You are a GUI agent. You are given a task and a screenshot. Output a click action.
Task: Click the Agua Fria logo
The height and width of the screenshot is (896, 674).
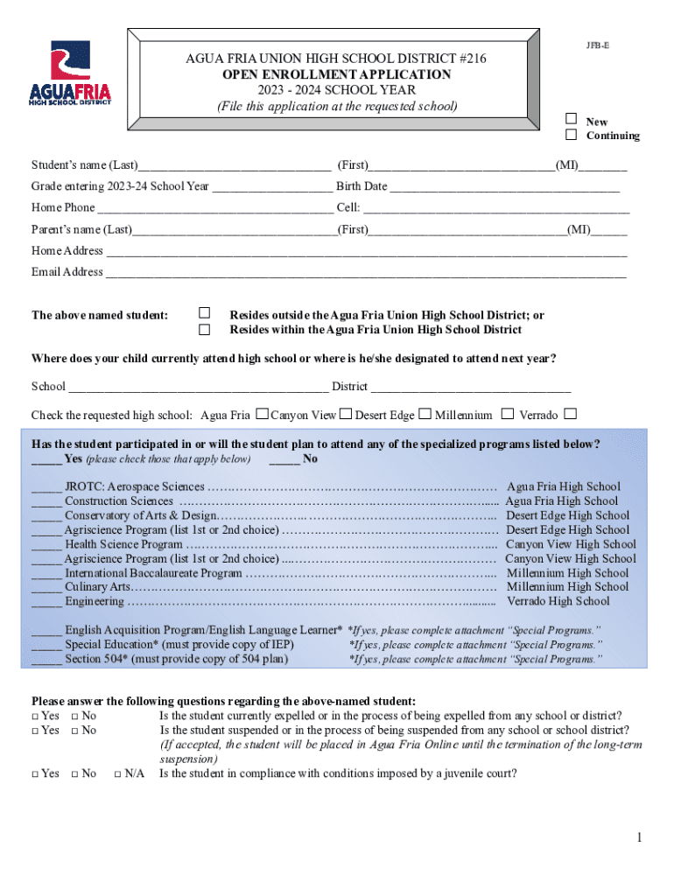click(71, 73)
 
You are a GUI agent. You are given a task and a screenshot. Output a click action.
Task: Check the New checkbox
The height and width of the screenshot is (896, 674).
click(571, 118)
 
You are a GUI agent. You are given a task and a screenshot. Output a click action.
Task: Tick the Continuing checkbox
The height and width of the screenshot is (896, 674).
click(571, 135)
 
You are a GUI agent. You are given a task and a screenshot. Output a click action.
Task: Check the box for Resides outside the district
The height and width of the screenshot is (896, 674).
click(205, 313)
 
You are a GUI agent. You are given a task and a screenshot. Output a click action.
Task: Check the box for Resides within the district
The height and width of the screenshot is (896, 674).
click(205, 330)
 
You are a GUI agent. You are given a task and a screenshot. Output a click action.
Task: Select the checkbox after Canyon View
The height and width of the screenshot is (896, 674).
click(346, 414)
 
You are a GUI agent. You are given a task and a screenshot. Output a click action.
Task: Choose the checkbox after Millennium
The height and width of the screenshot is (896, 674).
click(508, 414)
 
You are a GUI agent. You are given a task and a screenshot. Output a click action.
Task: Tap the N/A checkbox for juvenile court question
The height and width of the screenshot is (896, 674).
click(118, 773)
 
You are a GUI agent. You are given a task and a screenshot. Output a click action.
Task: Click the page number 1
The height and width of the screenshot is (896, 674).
click(639, 839)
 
